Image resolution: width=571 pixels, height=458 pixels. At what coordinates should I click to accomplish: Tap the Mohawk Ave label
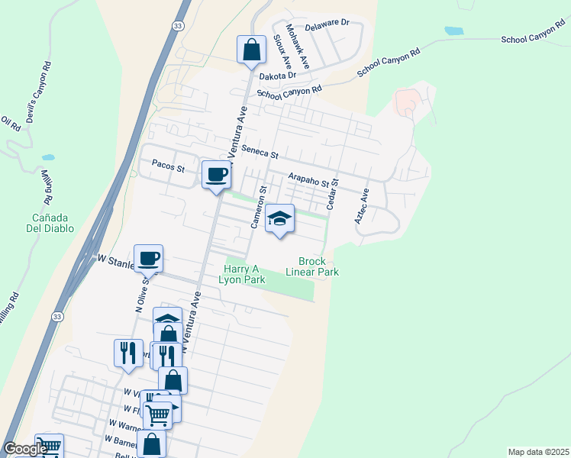click(x=297, y=47)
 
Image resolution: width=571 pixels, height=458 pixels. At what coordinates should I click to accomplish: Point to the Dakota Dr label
click(x=277, y=76)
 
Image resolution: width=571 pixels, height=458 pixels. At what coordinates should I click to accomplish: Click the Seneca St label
click(x=260, y=152)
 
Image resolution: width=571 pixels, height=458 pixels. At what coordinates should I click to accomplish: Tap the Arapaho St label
click(x=313, y=180)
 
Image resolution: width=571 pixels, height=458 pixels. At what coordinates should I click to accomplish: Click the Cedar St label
click(x=331, y=195)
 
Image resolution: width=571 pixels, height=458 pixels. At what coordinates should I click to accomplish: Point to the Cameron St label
click(x=258, y=207)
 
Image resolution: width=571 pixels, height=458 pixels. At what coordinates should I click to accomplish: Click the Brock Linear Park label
click(x=312, y=266)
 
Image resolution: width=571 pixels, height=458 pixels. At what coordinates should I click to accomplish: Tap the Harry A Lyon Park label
click(x=244, y=274)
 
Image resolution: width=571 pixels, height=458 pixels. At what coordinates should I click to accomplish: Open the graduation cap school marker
click(x=279, y=219)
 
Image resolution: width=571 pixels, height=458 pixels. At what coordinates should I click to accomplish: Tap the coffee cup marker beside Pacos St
click(x=216, y=174)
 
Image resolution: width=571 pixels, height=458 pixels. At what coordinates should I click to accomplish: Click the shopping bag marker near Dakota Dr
click(x=251, y=51)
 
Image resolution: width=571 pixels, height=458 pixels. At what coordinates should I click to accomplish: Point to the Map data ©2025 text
click(x=537, y=452)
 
